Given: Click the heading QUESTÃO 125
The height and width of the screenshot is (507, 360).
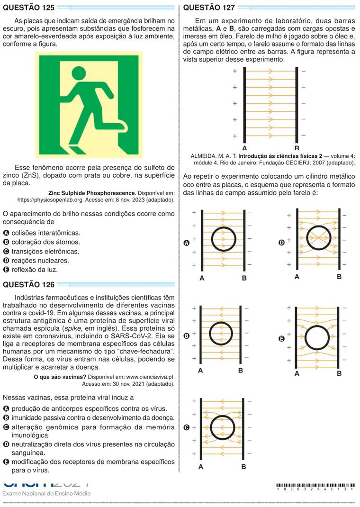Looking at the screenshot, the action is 29,8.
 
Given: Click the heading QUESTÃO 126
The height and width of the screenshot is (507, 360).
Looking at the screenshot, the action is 29,285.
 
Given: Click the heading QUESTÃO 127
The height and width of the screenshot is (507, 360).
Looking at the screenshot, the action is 209,8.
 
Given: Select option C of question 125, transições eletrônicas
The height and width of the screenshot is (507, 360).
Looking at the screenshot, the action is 41,251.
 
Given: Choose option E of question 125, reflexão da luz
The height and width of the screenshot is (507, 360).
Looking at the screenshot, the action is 30,269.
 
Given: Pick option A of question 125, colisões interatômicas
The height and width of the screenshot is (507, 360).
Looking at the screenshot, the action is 42,233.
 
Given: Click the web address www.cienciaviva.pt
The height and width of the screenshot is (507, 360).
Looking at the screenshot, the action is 150,377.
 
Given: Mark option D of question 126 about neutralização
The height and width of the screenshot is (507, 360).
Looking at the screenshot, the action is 89,448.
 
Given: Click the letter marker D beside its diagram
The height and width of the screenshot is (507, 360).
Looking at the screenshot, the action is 282,243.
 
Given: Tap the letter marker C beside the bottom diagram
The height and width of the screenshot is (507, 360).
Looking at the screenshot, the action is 187,427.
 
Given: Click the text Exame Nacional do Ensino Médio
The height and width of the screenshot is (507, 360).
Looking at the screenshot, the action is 46,493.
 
